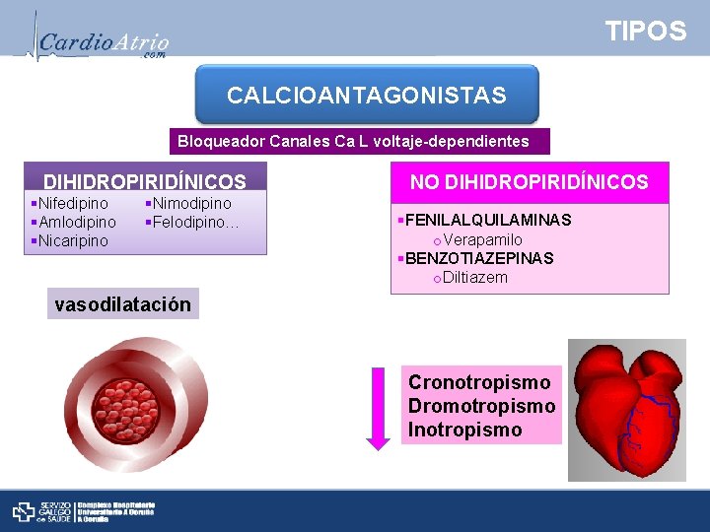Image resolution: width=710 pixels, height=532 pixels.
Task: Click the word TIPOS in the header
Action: [x=646, y=32]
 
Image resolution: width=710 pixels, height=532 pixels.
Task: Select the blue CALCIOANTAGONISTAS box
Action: [x=367, y=96]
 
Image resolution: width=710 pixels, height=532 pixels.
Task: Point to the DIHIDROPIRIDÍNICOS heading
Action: [x=145, y=182]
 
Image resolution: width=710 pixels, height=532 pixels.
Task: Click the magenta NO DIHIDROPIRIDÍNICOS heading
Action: [x=530, y=182]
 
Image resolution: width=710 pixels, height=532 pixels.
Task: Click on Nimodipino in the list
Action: [x=191, y=203]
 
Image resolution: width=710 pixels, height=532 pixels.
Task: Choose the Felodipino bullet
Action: [x=195, y=222]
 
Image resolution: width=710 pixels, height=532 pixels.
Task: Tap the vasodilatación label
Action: [x=123, y=303]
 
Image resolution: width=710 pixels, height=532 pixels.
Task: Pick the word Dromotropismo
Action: [x=481, y=406]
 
